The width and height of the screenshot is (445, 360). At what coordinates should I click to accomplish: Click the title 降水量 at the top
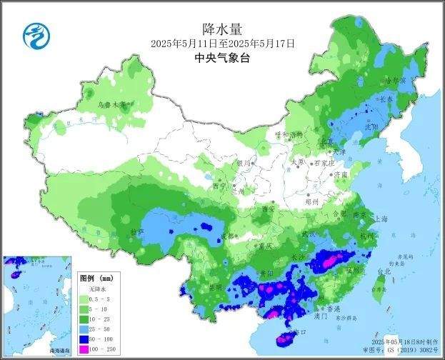(222, 29)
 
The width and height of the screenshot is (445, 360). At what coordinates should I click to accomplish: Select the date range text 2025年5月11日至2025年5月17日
(222, 44)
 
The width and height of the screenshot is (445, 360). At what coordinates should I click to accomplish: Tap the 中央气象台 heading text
(222, 59)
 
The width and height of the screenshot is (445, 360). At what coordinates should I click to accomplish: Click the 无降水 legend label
(96, 288)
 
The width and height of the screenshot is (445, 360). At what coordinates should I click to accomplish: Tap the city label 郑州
(312, 202)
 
